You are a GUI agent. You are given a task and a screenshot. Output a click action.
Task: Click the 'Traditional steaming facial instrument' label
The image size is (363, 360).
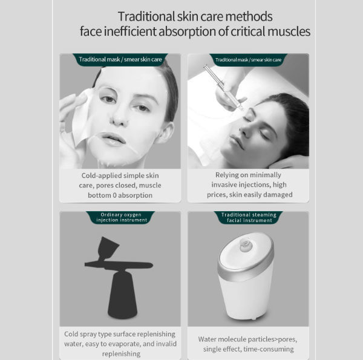point(249,217)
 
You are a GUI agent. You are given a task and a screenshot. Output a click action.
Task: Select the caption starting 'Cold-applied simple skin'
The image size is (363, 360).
point(120,185)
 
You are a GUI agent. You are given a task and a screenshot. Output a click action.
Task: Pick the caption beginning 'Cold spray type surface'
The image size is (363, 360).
point(120,343)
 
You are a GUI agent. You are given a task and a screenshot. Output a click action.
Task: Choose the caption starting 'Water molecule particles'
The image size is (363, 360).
point(249,344)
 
